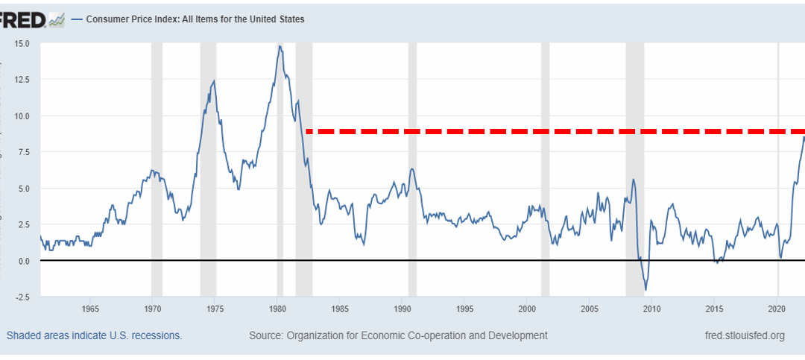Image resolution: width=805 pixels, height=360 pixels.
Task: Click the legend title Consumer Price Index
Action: pos(195,19)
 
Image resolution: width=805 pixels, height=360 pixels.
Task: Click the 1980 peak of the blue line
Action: pos(280,46)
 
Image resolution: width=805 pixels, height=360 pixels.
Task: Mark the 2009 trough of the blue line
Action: pos(645,289)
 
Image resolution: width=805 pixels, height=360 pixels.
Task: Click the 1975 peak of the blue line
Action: pos(214,81)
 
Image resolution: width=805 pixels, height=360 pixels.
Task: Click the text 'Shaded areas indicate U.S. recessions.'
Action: pos(94,335)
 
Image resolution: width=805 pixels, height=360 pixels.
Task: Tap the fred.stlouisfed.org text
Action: pos(744,335)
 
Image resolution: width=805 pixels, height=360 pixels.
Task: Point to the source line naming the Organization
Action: pos(398,335)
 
